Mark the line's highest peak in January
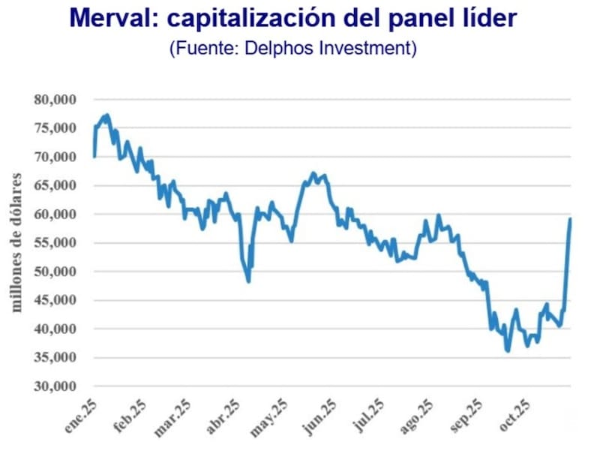[107, 116]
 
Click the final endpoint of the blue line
[571, 218]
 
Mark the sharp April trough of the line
[248, 281]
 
